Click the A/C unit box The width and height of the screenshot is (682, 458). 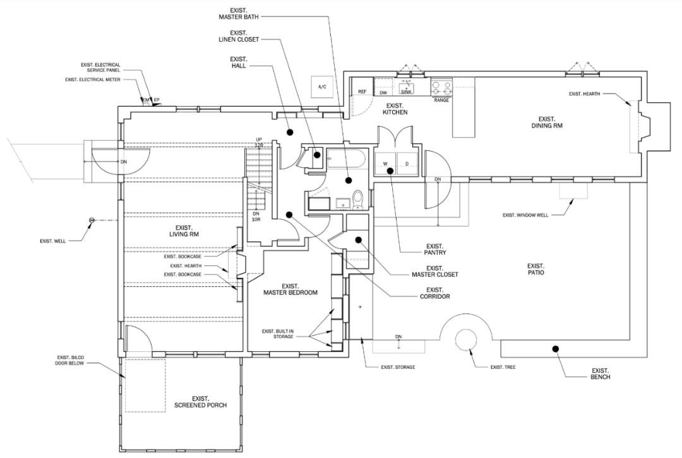[321, 86]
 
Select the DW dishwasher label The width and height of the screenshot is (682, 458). [383, 92]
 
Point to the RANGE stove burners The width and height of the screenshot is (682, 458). [441, 86]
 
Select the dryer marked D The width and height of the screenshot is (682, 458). [406, 164]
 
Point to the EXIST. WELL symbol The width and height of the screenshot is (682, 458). [92, 220]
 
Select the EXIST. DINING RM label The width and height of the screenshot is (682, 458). [546, 122]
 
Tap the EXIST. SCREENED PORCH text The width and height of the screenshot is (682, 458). [200, 402]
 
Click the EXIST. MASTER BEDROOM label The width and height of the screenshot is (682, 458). [290, 289]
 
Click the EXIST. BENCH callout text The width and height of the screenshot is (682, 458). [600, 373]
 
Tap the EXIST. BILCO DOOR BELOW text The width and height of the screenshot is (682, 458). [70, 361]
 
